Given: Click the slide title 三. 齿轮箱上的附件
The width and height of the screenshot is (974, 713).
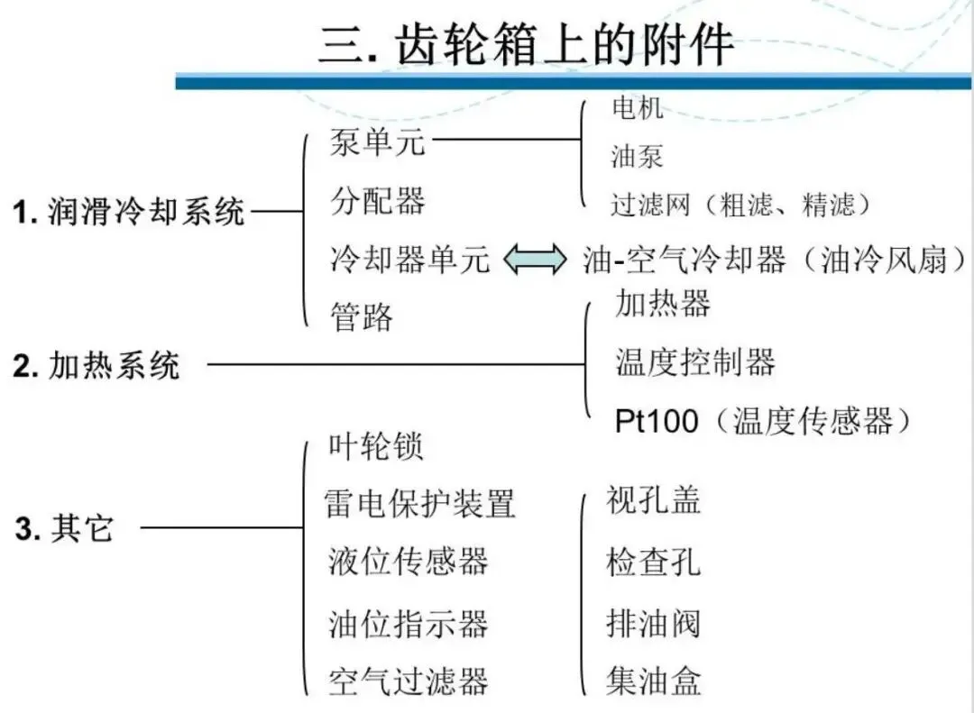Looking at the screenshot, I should [525, 42].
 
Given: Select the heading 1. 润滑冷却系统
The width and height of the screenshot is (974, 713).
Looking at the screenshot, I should [128, 214].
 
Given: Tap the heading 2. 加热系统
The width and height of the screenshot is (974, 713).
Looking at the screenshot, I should [96, 366].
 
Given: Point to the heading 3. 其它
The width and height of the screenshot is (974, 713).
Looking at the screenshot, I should [65, 528].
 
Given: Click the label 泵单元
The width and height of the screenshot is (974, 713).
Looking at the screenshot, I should [376, 142].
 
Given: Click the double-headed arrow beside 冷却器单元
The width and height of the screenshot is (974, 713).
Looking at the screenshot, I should [536, 261].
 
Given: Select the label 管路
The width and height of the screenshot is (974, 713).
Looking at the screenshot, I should [361, 316].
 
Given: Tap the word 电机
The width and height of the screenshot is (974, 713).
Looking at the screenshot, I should [637, 108].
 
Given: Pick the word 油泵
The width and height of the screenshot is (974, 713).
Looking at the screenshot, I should [637, 157].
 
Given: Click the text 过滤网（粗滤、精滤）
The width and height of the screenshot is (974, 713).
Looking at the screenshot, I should [741, 206].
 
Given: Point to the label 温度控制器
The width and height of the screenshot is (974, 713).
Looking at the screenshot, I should [694, 362].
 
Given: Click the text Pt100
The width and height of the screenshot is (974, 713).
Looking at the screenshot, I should [656, 421].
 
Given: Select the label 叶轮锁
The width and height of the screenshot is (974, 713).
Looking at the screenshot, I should [376, 447].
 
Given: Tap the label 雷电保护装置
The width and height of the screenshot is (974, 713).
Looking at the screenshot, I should [419, 503].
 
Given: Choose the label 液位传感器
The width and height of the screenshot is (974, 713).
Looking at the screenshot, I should [408, 562].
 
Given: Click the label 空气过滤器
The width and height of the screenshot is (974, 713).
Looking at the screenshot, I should [408, 680].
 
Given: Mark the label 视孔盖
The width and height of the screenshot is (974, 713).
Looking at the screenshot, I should [653, 501].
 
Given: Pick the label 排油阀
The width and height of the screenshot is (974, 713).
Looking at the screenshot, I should [653, 623].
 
